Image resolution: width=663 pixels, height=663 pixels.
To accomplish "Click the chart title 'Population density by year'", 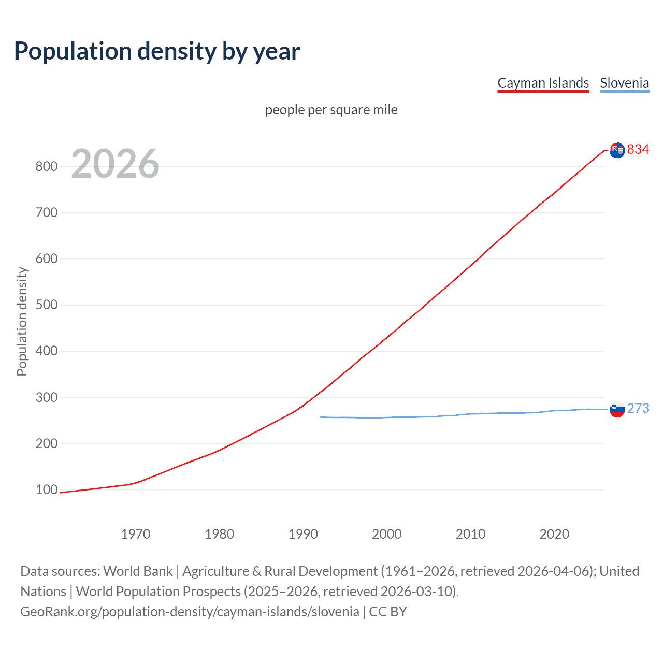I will [x=157, y=51].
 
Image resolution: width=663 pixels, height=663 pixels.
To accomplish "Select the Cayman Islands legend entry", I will [x=543, y=83].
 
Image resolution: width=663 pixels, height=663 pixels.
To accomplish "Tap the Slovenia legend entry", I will [x=624, y=83].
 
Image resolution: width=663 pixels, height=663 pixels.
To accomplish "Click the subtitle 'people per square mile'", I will [x=331, y=110].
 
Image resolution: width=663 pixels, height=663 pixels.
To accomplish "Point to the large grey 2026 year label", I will [x=115, y=164].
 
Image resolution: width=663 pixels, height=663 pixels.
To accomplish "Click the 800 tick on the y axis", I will [x=46, y=166].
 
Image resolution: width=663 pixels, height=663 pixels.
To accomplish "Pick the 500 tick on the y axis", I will [x=46, y=305].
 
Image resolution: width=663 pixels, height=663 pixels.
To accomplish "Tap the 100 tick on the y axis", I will [x=46, y=489].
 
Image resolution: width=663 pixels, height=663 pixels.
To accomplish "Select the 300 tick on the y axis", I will [x=46, y=397].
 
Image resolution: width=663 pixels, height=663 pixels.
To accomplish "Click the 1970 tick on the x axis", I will [x=136, y=534].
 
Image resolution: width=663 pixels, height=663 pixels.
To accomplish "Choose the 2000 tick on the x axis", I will [x=386, y=534].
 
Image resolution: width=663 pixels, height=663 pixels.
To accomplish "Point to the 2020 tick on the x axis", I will [x=554, y=534].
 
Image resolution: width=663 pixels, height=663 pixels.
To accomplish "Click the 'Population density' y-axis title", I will [x=22, y=321].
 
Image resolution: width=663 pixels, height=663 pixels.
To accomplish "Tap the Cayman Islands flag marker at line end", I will [x=617, y=150].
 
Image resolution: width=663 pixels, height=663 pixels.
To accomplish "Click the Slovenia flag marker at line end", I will [x=617, y=409].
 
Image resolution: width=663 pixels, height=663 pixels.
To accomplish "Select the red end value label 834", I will [x=638, y=150].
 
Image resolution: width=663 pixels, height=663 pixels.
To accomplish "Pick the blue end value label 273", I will [x=638, y=409].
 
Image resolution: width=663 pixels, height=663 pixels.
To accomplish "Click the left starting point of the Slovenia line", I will [x=321, y=417].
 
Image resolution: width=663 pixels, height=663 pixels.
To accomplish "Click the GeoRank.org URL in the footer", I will [x=190, y=612].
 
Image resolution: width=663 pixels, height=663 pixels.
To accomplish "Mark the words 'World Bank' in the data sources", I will [x=138, y=571].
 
